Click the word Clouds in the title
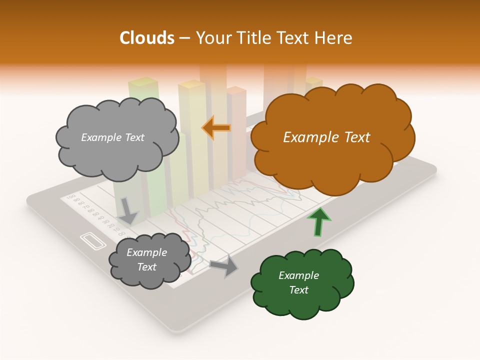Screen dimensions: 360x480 146,38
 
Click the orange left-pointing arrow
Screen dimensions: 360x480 216,128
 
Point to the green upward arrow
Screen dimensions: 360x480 319,221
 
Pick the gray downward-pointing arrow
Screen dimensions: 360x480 128,210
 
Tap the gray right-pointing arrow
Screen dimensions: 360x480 224,266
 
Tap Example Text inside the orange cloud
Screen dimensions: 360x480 326,137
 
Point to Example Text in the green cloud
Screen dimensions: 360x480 298,282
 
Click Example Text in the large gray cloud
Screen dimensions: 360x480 112,137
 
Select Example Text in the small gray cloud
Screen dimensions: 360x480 146,260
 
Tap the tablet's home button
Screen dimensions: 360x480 93,241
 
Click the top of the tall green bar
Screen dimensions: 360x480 143,81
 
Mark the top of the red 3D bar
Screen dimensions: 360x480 236,90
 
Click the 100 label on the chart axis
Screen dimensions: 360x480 70,196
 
